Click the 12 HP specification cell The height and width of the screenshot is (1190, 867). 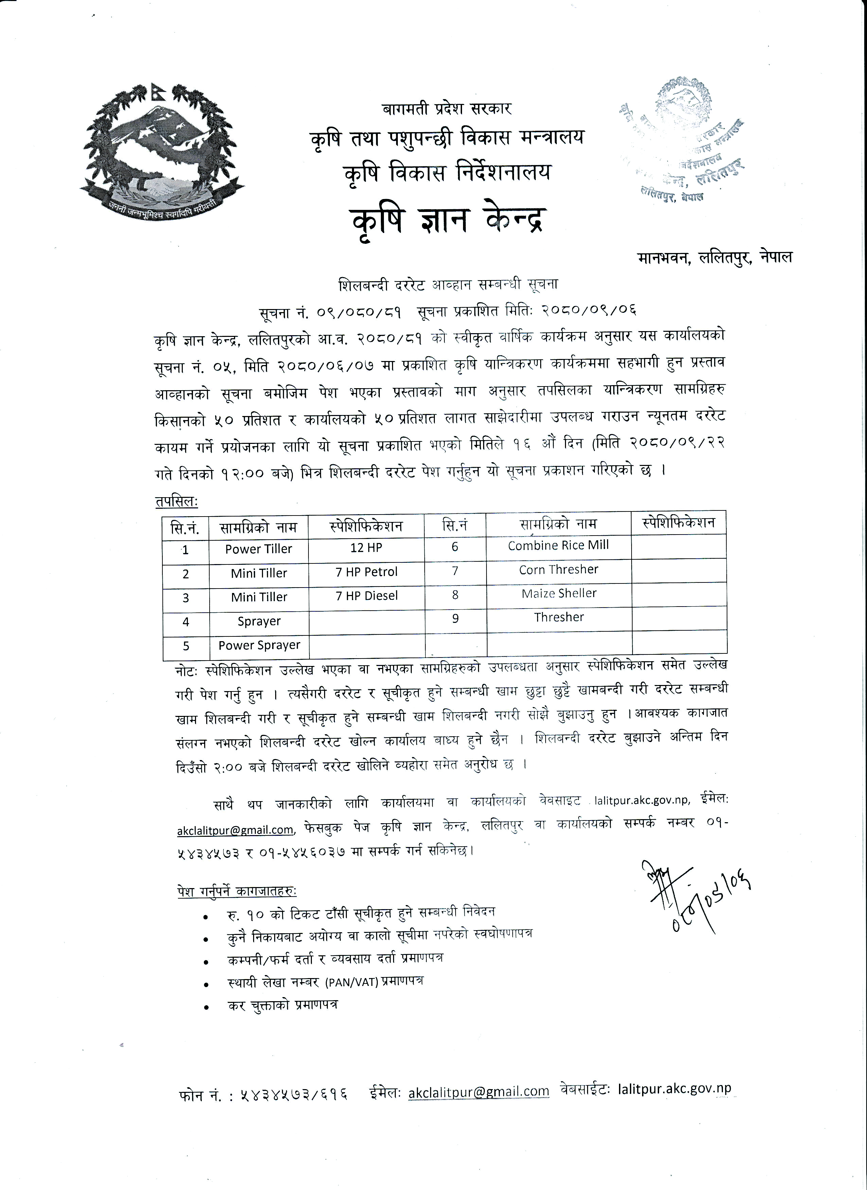(x=366, y=548)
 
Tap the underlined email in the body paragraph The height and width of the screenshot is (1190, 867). (x=235, y=830)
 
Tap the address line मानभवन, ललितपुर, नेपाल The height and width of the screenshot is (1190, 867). (x=715, y=258)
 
